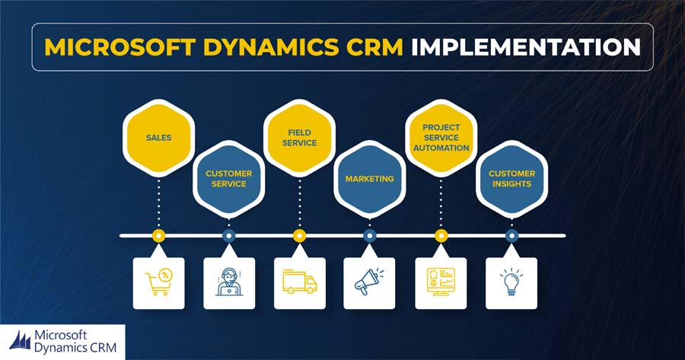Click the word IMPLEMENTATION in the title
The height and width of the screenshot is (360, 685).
pyautogui.click(x=526, y=47)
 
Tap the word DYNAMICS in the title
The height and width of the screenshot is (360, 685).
pyautogui.click(x=271, y=47)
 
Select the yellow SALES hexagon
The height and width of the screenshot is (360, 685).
pyautogui.click(x=158, y=138)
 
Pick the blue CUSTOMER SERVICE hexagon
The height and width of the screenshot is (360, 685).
pyautogui.click(x=229, y=179)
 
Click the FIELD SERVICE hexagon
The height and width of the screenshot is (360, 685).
pyautogui.click(x=299, y=138)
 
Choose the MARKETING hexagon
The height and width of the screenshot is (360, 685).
pyautogui.click(x=370, y=179)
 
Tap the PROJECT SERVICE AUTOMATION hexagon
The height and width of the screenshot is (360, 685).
pyautogui.click(x=441, y=138)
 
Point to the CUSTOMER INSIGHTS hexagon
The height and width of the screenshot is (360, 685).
pyautogui.click(x=511, y=179)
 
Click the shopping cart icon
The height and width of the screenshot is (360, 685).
pyautogui.click(x=158, y=282)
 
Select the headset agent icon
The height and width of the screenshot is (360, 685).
pyautogui.click(x=229, y=282)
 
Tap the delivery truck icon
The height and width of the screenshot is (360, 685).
pyautogui.click(x=300, y=282)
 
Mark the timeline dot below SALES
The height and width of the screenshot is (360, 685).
pyautogui.click(x=158, y=236)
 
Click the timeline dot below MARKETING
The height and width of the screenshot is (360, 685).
pyautogui.click(x=370, y=236)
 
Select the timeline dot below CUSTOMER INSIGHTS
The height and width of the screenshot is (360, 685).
pyautogui.click(x=511, y=236)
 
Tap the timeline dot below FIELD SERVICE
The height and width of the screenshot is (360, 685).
pyautogui.click(x=299, y=236)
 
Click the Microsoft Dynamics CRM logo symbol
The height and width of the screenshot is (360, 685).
pyautogui.click(x=20, y=341)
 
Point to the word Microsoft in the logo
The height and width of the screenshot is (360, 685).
pyautogui.click(x=61, y=336)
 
